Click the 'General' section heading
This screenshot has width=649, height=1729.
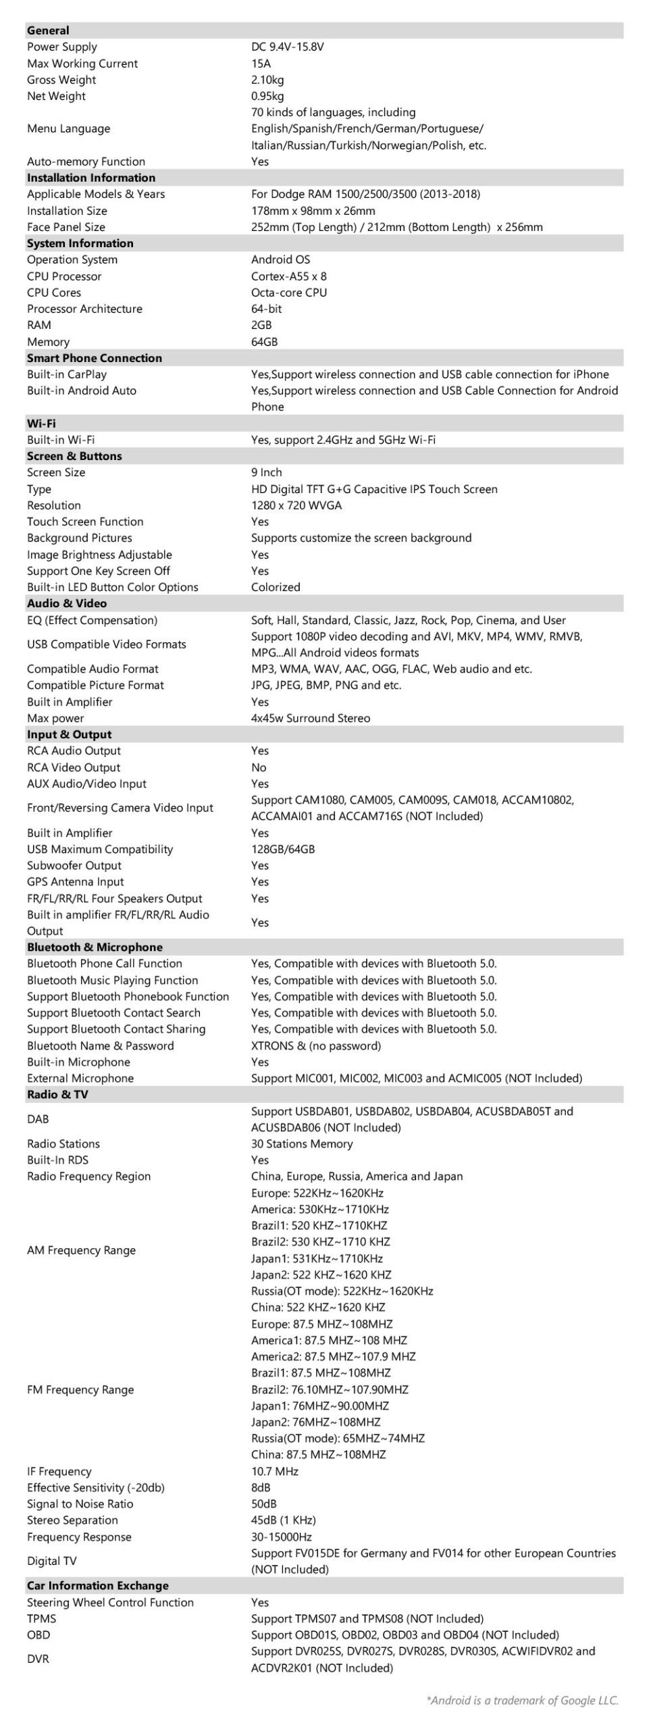click(x=48, y=30)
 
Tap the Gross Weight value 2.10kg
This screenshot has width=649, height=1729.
click(x=267, y=80)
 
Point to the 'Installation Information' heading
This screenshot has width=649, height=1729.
click(x=91, y=178)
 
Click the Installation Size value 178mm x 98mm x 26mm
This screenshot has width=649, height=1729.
click(x=313, y=211)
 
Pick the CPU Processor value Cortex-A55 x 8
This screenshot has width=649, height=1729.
click(x=289, y=276)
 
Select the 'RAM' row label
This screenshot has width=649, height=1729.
click(x=39, y=325)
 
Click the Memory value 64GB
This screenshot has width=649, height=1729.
click(x=264, y=342)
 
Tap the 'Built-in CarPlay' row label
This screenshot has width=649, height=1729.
click(x=67, y=374)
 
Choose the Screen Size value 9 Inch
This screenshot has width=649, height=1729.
click(x=267, y=473)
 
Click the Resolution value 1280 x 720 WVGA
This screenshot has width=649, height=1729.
click(x=296, y=505)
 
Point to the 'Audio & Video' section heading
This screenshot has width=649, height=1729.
click(x=67, y=603)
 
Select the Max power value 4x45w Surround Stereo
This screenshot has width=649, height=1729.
click(x=311, y=718)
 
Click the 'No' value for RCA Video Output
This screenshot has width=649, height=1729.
click(x=259, y=767)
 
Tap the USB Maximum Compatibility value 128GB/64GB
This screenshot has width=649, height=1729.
click(x=283, y=849)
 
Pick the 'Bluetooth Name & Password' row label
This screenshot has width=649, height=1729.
click(x=101, y=1046)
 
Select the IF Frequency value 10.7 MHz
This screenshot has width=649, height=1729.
click(x=275, y=1471)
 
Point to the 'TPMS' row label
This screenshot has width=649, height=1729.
click(x=42, y=1618)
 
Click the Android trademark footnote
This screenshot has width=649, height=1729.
click(x=522, y=1701)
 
